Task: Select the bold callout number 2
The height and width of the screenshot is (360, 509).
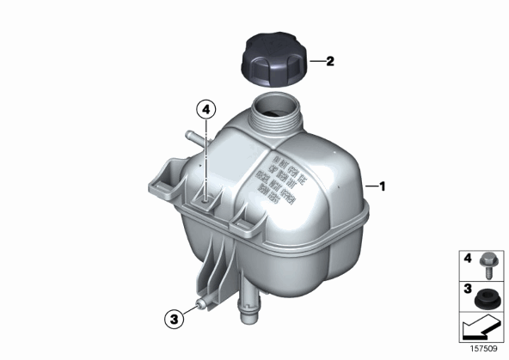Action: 328,61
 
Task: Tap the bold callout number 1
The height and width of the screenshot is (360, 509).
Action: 383,185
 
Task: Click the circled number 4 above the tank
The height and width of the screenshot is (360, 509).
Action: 204,109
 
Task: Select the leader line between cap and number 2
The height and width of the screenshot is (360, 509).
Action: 315,61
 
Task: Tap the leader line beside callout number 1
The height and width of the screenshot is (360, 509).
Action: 371,185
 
